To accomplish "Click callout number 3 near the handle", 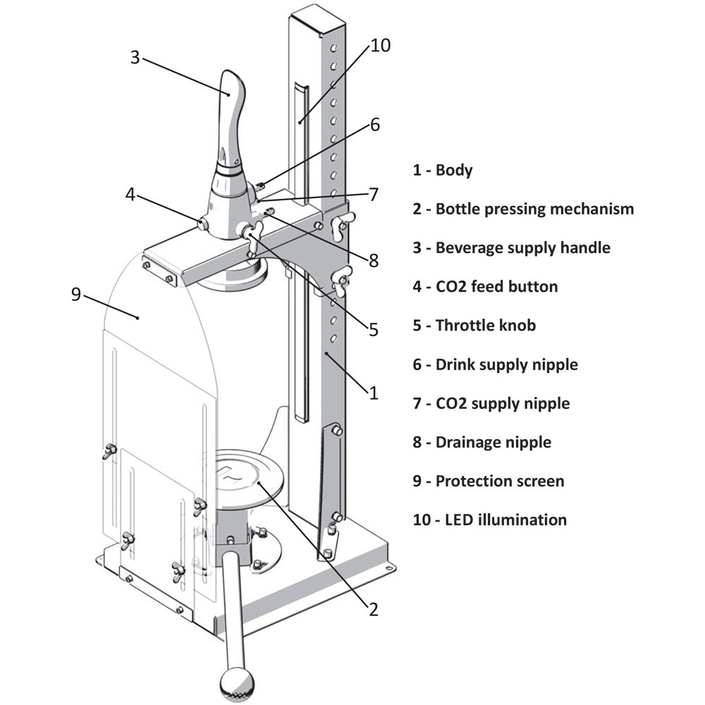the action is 135,57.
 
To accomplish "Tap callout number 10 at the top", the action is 381,45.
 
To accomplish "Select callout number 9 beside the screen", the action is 76,294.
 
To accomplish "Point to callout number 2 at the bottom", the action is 374,609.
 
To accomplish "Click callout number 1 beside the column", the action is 374,393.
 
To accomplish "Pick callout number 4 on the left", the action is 130,195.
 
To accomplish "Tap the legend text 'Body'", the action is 454,171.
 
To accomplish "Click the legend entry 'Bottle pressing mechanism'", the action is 534,209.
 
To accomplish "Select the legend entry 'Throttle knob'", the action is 486,326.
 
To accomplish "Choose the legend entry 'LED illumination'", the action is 505,520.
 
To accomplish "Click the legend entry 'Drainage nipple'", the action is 493,443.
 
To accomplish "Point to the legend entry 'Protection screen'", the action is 500,481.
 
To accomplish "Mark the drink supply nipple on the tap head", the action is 260,185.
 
